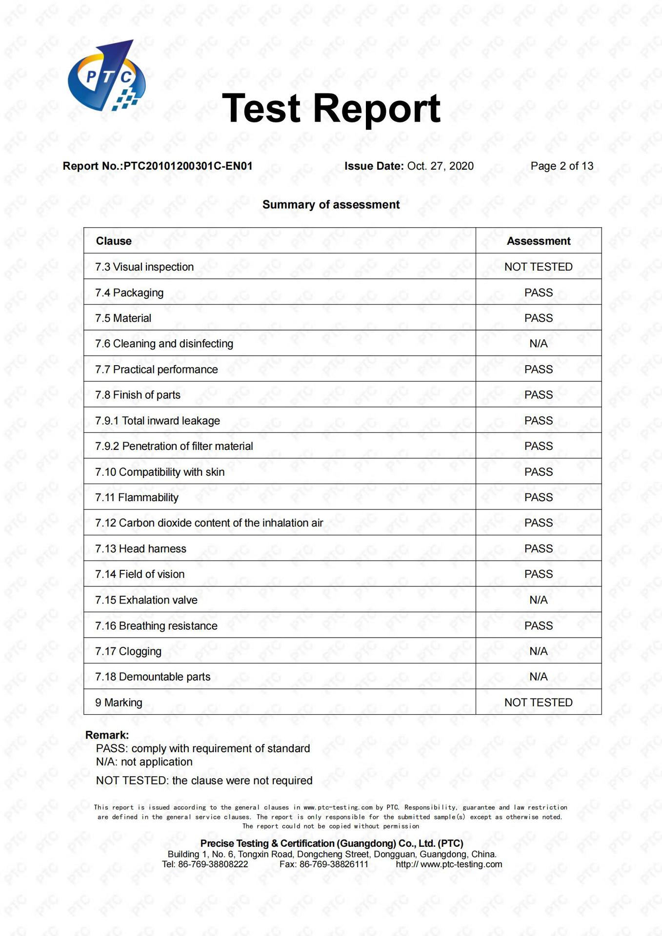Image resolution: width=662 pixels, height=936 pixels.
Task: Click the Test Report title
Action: click(331, 108)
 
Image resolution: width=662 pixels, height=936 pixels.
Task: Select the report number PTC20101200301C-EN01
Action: click(188, 166)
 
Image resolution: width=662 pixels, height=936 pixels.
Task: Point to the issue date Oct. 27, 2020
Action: click(440, 166)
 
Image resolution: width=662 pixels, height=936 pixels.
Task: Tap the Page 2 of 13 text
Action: click(562, 166)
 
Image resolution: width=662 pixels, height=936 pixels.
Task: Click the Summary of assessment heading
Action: click(331, 205)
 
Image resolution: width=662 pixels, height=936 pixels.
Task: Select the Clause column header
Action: click(114, 241)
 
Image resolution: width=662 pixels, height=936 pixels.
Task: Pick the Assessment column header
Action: click(538, 241)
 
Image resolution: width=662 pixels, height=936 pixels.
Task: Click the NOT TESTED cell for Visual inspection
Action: click(538, 267)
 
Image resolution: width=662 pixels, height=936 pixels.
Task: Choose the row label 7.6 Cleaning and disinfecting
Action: click(164, 344)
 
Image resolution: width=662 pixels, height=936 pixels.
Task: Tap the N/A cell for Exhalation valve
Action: click(538, 600)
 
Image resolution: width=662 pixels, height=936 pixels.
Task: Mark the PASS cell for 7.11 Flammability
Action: click(538, 497)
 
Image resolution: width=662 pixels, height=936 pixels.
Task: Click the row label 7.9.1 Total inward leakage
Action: click(158, 421)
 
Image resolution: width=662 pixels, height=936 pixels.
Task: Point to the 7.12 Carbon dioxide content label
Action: click(209, 523)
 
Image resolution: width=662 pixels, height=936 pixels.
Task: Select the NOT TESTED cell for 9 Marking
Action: click(538, 702)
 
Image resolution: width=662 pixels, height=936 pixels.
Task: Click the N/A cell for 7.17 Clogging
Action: click(538, 651)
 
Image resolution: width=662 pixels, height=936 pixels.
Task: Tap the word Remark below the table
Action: click(107, 735)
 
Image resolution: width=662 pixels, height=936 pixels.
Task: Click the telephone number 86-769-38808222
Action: click(213, 864)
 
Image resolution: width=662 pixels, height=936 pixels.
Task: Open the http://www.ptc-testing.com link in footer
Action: click(449, 864)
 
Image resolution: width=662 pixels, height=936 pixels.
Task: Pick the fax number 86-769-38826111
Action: click(334, 864)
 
